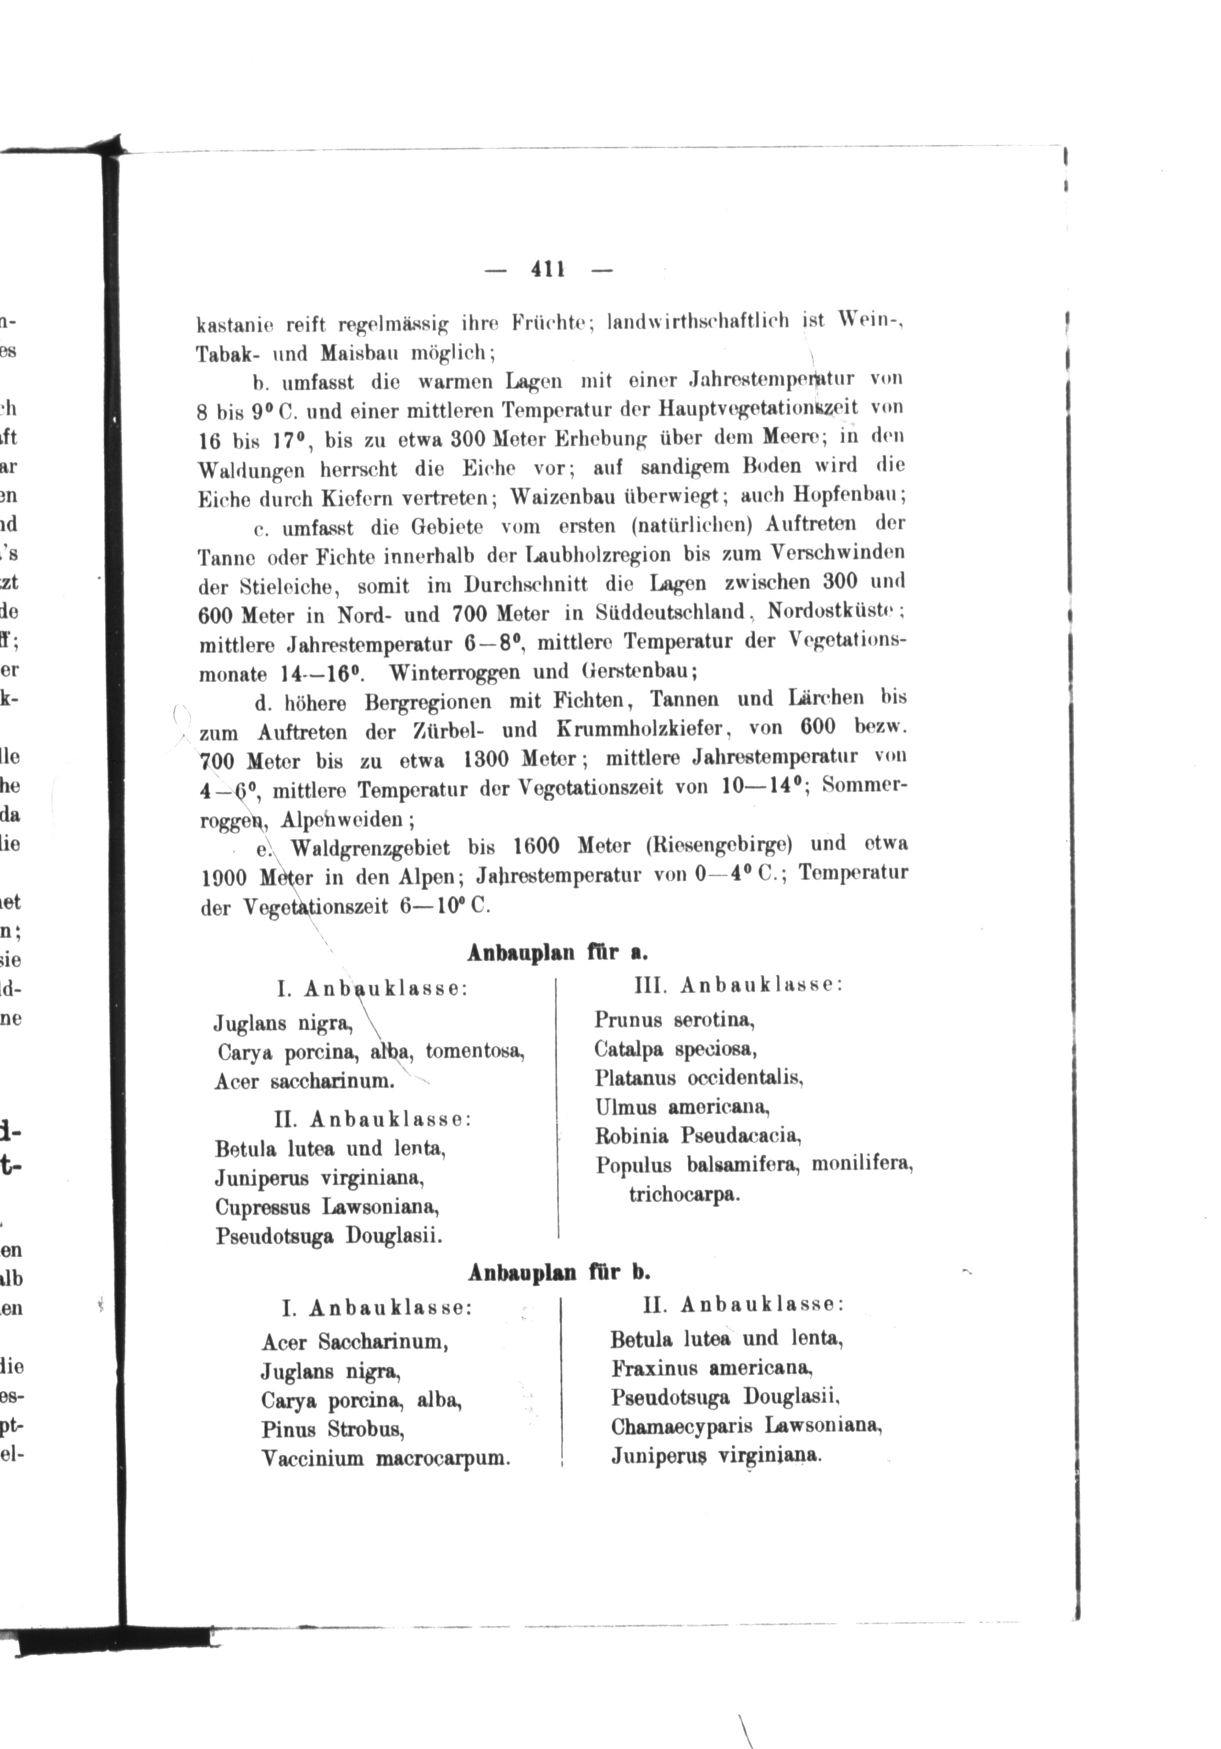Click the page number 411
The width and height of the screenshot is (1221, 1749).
pyautogui.click(x=547, y=269)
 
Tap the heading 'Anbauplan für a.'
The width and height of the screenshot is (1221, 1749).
pyautogui.click(x=557, y=953)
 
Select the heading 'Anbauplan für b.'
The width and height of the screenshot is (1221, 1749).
pyautogui.click(x=559, y=1272)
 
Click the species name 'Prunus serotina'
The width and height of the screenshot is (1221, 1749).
pyautogui.click(x=674, y=1020)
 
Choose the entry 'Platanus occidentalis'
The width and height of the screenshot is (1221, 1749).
pyautogui.click(x=699, y=1079)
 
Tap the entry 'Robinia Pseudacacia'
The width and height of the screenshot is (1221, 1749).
pyautogui.click(x=698, y=1137)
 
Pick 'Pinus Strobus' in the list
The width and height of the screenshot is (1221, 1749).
pyautogui.click(x=333, y=1429)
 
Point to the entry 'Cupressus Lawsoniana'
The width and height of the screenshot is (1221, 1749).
pyautogui.click(x=327, y=1207)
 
